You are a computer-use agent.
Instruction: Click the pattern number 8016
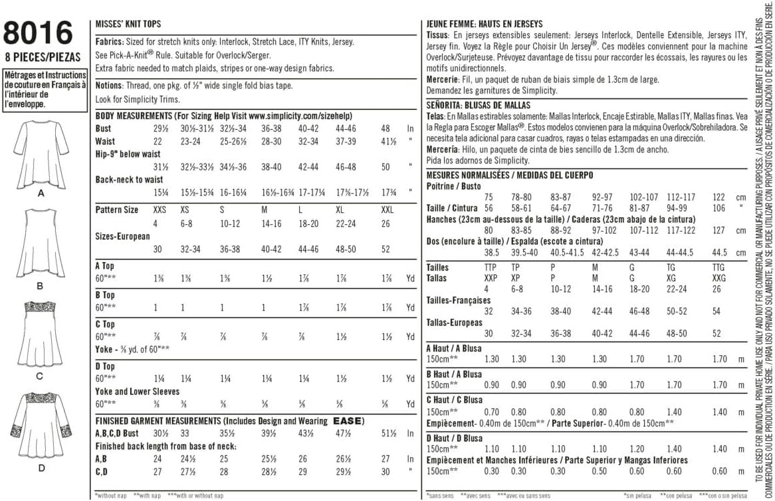38,33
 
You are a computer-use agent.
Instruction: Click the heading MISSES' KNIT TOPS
128,24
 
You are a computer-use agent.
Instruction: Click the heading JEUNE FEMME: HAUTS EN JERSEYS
484,24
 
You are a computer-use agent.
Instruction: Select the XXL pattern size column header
386,210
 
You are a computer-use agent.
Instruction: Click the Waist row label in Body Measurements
105,141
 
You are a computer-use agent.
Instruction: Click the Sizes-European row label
122,236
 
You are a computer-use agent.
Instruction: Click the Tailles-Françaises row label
458,300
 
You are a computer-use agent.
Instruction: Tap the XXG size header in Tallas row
720,277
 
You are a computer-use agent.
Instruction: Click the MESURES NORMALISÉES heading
469,175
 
